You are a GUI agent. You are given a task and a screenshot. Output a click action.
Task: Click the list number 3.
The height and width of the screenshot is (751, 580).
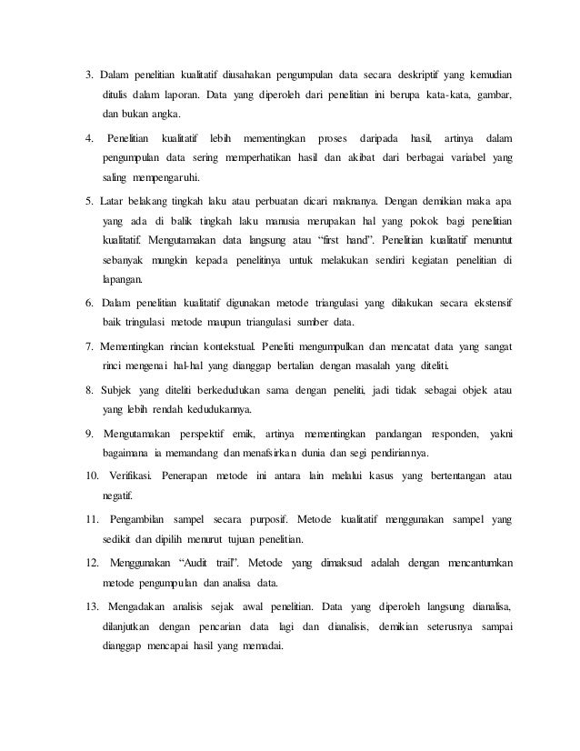[89, 74]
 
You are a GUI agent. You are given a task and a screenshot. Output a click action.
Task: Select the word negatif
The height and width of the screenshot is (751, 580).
[117, 497]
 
